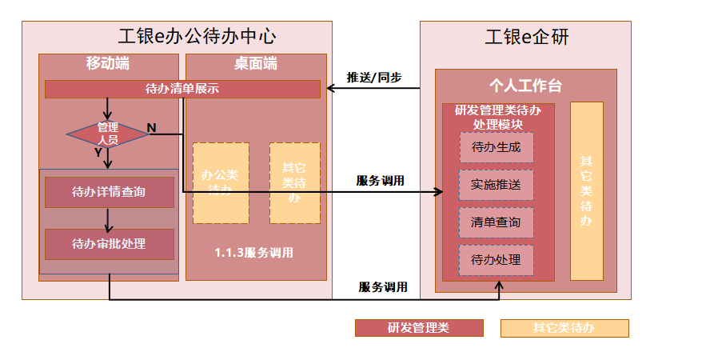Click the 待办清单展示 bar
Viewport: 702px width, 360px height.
click(x=182, y=89)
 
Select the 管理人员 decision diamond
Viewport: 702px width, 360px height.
click(x=108, y=134)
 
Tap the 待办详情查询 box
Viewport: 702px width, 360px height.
click(x=109, y=192)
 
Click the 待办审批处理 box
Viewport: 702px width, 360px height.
click(x=109, y=244)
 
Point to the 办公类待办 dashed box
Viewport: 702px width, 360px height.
click(x=220, y=182)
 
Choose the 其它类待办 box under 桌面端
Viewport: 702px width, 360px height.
click(x=294, y=182)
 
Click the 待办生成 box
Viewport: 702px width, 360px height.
click(x=496, y=147)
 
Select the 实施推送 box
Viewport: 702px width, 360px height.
click(x=496, y=185)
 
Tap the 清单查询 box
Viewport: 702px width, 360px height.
click(x=496, y=222)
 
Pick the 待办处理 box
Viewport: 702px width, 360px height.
click(x=496, y=260)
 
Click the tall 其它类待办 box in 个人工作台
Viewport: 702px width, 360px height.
click(x=586, y=191)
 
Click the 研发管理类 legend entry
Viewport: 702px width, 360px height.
click(x=419, y=328)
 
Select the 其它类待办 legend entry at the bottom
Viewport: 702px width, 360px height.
click(x=564, y=328)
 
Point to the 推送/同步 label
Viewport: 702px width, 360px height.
click(x=373, y=78)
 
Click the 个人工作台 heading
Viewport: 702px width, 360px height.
click(x=525, y=86)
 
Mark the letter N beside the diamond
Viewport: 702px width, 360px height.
click(x=151, y=128)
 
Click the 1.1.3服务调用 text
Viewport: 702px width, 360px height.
click(x=253, y=253)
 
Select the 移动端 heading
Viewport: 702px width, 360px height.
click(x=108, y=63)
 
